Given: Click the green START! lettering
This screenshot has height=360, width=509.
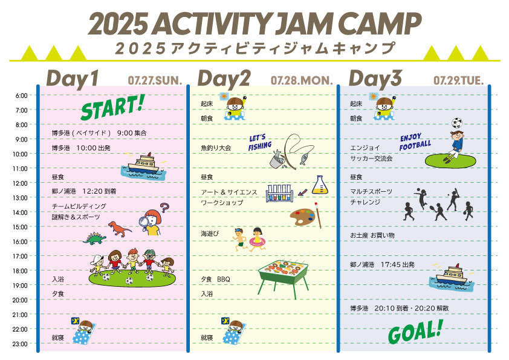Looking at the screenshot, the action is (x=112, y=107).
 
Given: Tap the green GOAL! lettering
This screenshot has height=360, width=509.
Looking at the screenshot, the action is (x=415, y=332).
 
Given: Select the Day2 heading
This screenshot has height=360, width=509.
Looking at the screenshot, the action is (x=224, y=79).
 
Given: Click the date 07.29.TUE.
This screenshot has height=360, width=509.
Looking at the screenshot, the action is (x=458, y=80).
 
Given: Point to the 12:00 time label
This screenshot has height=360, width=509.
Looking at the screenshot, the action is (x=20, y=183).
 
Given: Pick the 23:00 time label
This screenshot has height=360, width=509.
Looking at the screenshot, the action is (x=20, y=344).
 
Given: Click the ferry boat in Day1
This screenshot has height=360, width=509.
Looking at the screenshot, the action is (x=143, y=166).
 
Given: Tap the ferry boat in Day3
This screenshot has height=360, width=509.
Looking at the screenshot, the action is (x=452, y=277).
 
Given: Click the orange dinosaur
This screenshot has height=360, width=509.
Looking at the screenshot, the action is (x=120, y=229).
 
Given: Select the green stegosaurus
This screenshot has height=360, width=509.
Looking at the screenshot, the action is (x=94, y=238).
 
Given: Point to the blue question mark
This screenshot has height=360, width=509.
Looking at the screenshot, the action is (x=165, y=208).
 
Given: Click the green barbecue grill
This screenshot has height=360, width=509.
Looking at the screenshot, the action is (x=284, y=278).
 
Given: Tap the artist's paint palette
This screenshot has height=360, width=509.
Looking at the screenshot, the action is (x=302, y=217).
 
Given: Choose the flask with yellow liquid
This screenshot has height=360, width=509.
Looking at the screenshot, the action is (x=320, y=185).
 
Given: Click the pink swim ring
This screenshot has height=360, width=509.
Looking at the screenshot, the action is (x=257, y=242).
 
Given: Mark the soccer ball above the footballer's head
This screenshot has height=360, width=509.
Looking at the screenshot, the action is (x=457, y=123).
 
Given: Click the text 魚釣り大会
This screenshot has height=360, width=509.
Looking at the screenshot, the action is (x=216, y=148).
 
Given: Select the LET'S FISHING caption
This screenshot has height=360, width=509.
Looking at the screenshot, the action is (x=260, y=143).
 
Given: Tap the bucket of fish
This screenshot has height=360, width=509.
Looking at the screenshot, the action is (x=277, y=159).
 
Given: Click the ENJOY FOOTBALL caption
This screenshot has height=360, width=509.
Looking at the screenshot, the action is (x=415, y=142).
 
